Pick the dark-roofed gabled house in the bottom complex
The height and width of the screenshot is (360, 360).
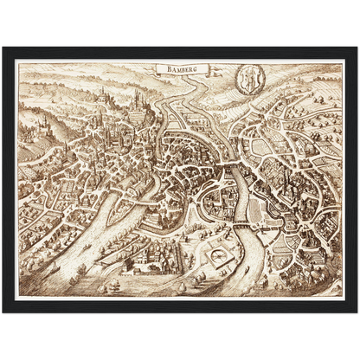(x=138, y=260)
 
